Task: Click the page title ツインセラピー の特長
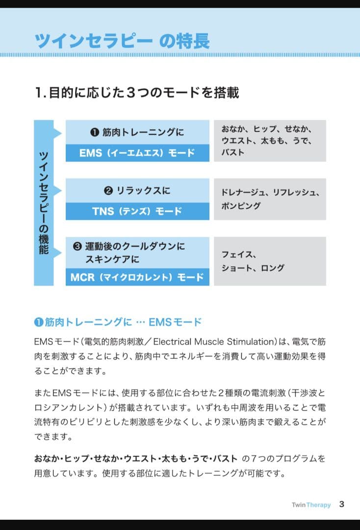pos(122,41)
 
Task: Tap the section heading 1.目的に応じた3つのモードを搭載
pos(137,92)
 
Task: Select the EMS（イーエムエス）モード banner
pos(137,153)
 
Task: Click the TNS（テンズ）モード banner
pos(137,211)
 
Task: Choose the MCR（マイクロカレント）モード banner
pos(137,277)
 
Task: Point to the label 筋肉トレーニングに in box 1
pos(143,132)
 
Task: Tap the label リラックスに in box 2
pos(143,190)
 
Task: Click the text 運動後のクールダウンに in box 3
pos(135,246)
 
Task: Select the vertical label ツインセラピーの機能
pos(44,203)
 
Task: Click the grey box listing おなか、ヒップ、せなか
pos(270,141)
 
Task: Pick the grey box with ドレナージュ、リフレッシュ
pos(270,199)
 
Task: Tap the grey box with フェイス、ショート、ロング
pos(270,261)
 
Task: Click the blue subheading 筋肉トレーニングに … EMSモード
pos(118,322)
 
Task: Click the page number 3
pos(342,504)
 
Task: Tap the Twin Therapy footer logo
pos(311,504)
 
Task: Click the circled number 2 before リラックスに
pos(108,190)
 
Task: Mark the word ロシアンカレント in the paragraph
pos(68,408)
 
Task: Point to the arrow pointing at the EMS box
pos(58,133)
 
